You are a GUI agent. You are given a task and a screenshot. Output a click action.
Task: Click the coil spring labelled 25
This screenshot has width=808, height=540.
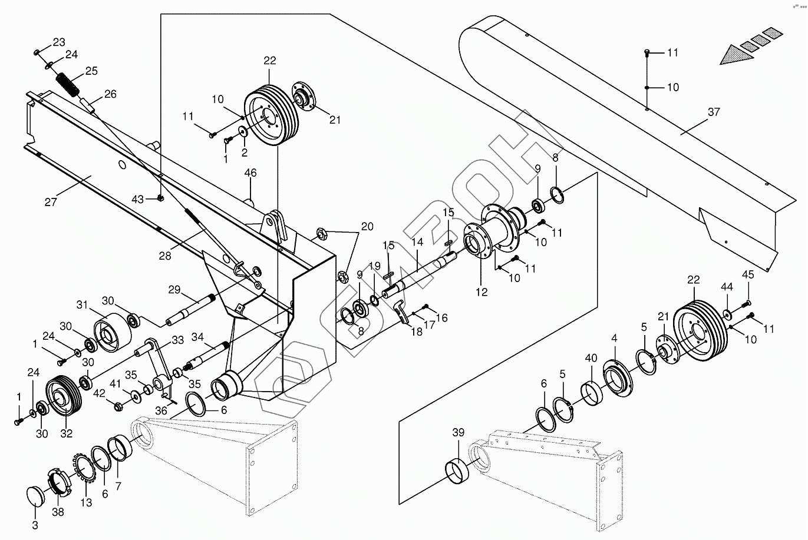pyautogui.click(x=68, y=85)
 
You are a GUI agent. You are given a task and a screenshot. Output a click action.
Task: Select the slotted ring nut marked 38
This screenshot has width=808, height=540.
pyautogui.click(x=58, y=482)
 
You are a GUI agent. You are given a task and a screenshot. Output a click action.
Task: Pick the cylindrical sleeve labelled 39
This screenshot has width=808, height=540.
pyautogui.click(x=457, y=471)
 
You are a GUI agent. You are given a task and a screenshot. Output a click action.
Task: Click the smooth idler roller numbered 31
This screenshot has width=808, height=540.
pyautogui.click(x=113, y=332)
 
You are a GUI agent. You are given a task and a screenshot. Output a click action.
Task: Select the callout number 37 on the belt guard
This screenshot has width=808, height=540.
pyautogui.click(x=714, y=112)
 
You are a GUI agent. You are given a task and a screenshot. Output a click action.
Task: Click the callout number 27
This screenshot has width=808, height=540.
pyautogui.click(x=51, y=201)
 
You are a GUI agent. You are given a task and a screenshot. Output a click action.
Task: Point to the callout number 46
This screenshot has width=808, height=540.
pyautogui.click(x=250, y=173)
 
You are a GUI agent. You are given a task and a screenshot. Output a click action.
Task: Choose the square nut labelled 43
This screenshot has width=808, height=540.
pyautogui.click(x=161, y=197)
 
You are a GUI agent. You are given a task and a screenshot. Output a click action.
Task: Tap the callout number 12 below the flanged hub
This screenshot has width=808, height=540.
pyautogui.click(x=481, y=291)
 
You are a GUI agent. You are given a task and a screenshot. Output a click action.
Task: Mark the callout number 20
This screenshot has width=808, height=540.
pyautogui.click(x=367, y=226)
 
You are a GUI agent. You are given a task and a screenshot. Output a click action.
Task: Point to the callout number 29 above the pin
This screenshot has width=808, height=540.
pyautogui.click(x=174, y=290)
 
